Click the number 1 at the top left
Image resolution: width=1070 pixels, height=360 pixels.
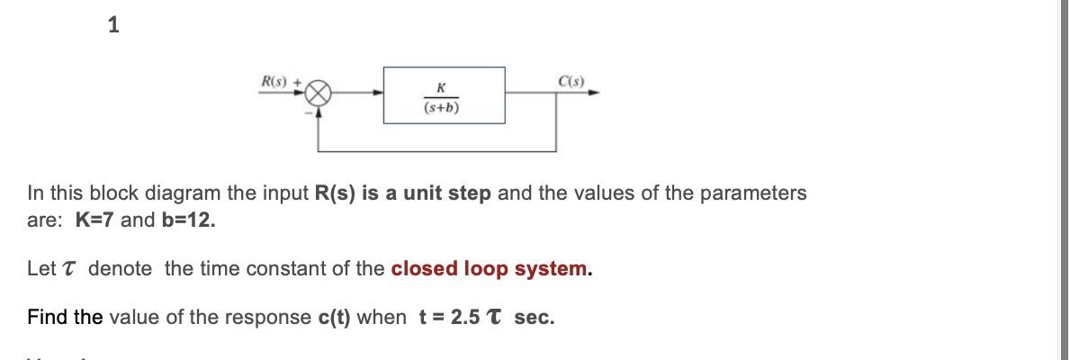point(112,26)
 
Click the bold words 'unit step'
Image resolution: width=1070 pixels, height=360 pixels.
point(445,193)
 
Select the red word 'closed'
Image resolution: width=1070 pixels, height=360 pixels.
point(425,269)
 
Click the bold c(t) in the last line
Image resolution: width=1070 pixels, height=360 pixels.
point(336,318)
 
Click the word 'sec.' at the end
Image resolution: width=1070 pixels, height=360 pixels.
point(535,318)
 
